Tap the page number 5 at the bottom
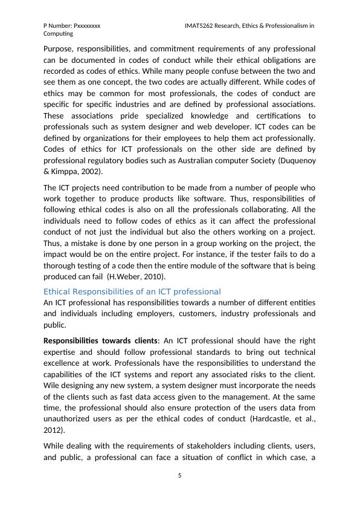[179, 476]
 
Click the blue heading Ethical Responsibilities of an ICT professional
[132, 291]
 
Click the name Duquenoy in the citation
[295, 160]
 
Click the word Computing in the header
[59, 34]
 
